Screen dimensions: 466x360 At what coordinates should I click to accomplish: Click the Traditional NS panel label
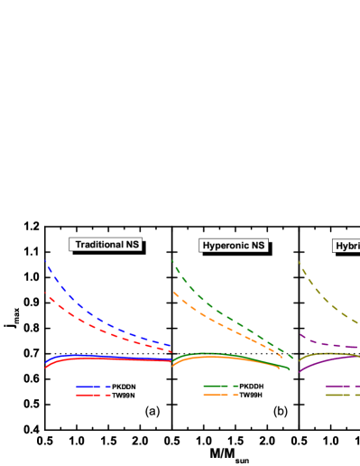[x=107, y=245]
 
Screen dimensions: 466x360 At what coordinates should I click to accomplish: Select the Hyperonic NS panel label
[x=234, y=246]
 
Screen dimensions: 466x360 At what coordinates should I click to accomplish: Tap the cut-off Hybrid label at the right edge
[x=346, y=246]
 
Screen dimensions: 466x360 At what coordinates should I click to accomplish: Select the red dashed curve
[x=90, y=324]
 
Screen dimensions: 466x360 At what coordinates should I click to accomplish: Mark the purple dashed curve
[x=325, y=344]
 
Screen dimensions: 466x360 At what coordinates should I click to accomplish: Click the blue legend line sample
[x=93, y=387]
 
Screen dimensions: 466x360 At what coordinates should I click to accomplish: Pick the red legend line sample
[x=93, y=396]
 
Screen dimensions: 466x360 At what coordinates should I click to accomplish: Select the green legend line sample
[x=220, y=387]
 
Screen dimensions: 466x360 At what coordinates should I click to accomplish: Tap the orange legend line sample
[x=220, y=396]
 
